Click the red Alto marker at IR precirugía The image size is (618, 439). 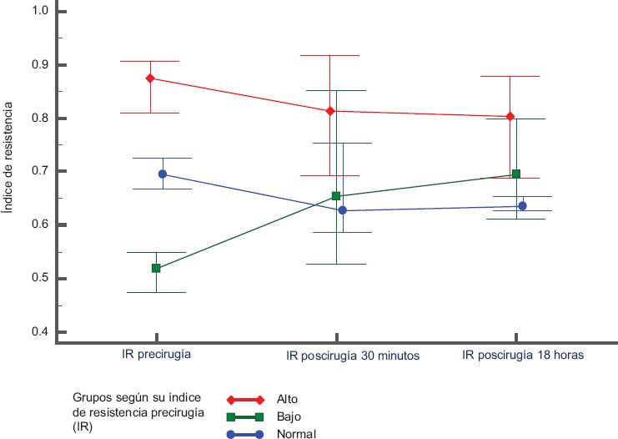(x=150, y=78)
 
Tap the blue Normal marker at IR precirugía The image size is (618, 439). (x=163, y=174)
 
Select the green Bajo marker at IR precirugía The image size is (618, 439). (x=156, y=268)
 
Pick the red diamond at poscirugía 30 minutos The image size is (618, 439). (x=330, y=111)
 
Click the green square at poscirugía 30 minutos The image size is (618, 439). (x=336, y=196)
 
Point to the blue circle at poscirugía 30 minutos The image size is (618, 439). (x=342, y=210)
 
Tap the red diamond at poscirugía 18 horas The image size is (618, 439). (x=510, y=117)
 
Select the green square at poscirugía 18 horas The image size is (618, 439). (x=516, y=174)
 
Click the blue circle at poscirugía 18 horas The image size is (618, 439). (x=522, y=205)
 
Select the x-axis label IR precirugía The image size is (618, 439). (x=157, y=354)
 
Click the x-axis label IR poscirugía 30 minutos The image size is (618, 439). (x=353, y=355)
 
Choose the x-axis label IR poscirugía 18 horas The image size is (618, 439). (x=523, y=354)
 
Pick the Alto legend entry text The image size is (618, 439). (x=287, y=399)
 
